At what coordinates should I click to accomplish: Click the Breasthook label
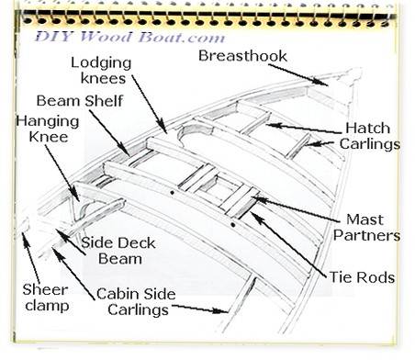[242, 56]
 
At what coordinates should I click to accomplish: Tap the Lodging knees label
[101, 71]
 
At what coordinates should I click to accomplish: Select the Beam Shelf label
[80, 101]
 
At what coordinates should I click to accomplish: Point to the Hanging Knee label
[48, 129]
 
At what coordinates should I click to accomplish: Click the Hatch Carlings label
[369, 136]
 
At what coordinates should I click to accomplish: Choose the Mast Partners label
[366, 228]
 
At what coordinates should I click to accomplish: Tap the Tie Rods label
[362, 277]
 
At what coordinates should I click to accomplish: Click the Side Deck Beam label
[118, 251]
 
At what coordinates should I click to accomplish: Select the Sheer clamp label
[46, 298]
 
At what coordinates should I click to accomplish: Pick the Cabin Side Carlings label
[136, 302]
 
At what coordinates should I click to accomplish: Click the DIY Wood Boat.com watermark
[130, 37]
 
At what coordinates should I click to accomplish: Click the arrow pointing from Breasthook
[298, 75]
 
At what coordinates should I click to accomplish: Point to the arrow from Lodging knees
[150, 104]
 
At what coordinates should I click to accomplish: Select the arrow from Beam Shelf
[109, 133]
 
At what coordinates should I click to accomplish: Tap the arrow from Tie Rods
[288, 244]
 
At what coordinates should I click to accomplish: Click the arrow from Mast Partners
[296, 208]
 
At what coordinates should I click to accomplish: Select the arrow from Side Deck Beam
[71, 242]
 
